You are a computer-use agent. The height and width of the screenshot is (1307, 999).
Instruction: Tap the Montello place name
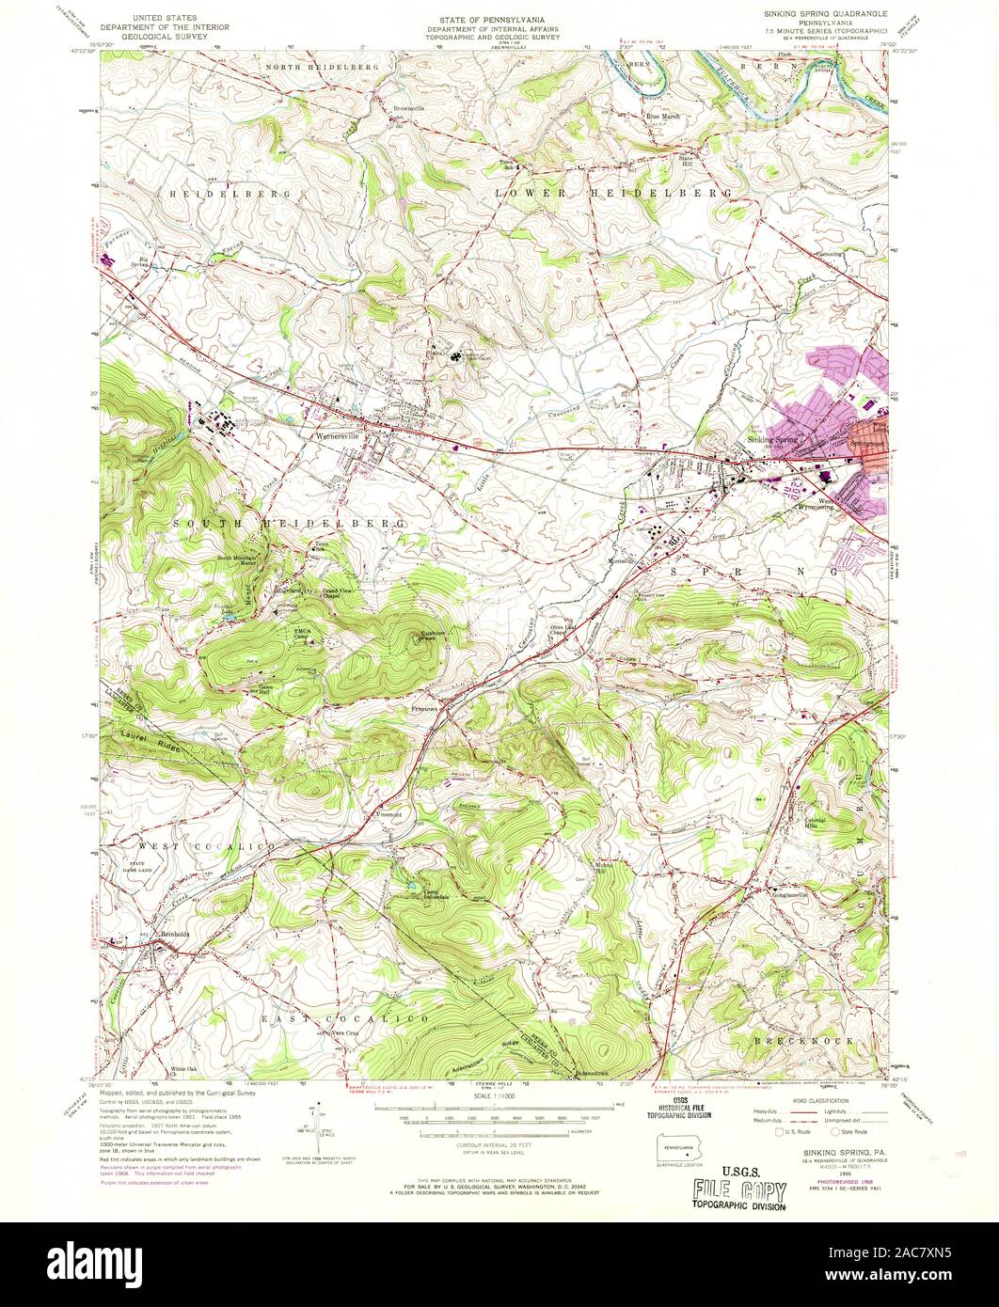[621, 561]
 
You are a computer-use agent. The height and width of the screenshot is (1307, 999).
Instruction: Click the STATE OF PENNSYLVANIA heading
[499, 18]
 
